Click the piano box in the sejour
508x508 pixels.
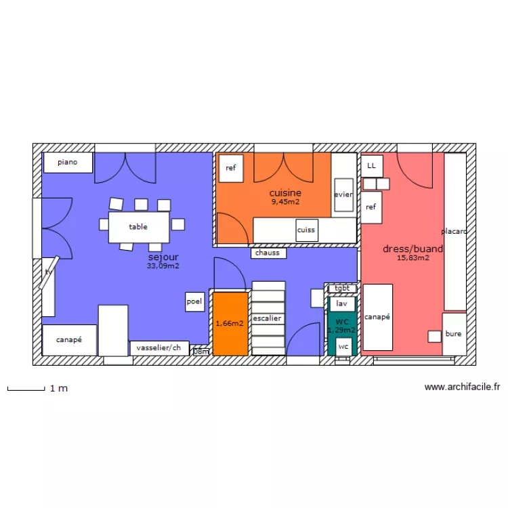68,163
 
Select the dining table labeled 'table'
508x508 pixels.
139,227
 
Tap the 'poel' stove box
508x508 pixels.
194,301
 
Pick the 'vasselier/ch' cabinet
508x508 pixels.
159,348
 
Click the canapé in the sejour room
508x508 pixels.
69,340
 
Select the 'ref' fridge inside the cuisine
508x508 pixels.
231,168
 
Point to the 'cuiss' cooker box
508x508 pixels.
306,230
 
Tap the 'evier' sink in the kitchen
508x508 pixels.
343,194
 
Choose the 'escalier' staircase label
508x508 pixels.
268,318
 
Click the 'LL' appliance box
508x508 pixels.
371,165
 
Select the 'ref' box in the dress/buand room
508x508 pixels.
371,207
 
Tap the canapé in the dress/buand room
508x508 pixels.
377,317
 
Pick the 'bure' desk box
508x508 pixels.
454,334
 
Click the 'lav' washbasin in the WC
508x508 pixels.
342,304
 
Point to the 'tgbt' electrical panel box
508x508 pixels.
342,288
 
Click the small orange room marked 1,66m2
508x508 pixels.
230,324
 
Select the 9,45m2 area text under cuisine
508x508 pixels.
285,202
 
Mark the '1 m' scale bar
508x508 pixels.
25,389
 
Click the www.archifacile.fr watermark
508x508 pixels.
462,387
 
